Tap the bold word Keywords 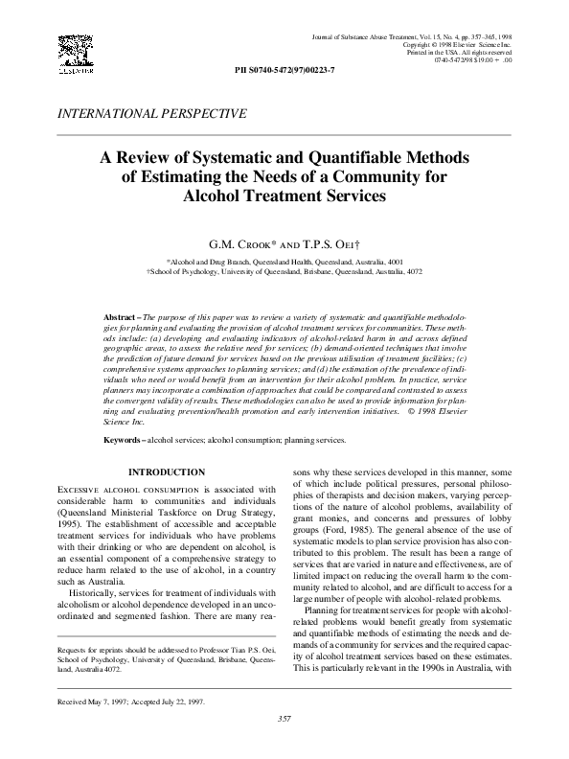pos(124,440)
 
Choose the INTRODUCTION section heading pos(166,471)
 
